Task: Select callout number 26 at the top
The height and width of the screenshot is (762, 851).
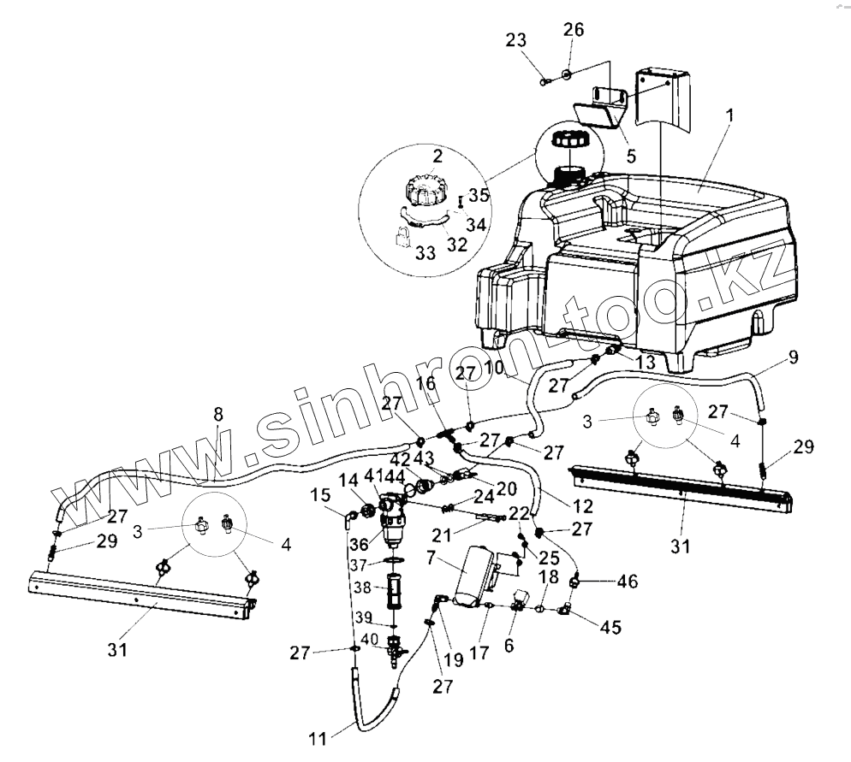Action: click(573, 31)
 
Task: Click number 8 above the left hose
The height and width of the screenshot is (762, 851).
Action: click(217, 413)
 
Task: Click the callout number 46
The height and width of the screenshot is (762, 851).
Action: click(628, 581)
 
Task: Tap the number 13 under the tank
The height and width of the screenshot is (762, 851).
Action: click(645, 363)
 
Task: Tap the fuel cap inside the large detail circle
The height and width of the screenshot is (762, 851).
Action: click(425, 191)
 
